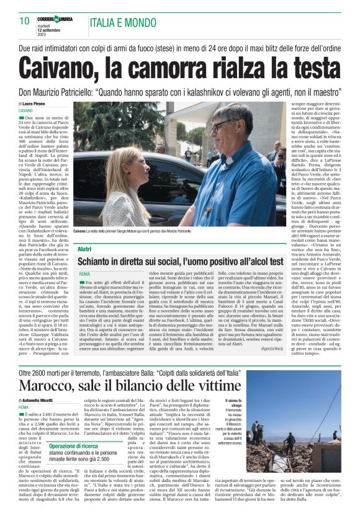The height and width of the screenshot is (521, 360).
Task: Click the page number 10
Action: (25, 21)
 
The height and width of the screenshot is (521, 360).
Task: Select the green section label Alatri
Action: (85, 249)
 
